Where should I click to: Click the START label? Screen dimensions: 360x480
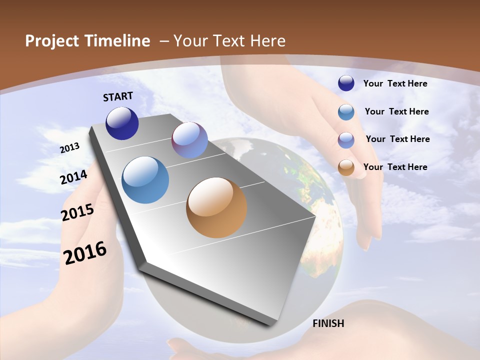tap(118, 96)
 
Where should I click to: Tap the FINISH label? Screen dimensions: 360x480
tap(328, 323)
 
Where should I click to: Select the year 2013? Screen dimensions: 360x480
tap(70, 148)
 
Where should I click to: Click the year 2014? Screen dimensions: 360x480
tap(74, 177)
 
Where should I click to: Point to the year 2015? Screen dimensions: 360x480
tap(77, 212)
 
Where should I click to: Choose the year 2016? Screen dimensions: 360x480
tap(85, 253)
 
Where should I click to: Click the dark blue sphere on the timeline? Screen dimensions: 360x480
tap(122, 123)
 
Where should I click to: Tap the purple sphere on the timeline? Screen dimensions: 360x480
tap(189, 140)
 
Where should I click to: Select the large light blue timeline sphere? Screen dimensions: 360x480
tap(145, 180)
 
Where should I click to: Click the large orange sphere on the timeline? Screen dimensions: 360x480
tap(216, 207)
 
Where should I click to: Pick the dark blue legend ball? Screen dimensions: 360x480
tap(346, 83)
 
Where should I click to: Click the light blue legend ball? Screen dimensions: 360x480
tap(346, 112)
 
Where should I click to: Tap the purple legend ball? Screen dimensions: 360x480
tap(346, 140)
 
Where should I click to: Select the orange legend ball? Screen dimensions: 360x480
tap(346, 167)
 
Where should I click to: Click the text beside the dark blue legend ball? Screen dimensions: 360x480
tap(395, 83)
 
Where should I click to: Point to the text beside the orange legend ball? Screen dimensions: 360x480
tap(395, 167)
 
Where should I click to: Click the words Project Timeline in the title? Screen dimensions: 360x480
tap(87, 41)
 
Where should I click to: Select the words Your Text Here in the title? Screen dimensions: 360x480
tap(229, 41)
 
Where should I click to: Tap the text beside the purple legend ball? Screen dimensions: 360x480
tap(397, 139)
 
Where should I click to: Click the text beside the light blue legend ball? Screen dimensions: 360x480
tap(396, 111)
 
